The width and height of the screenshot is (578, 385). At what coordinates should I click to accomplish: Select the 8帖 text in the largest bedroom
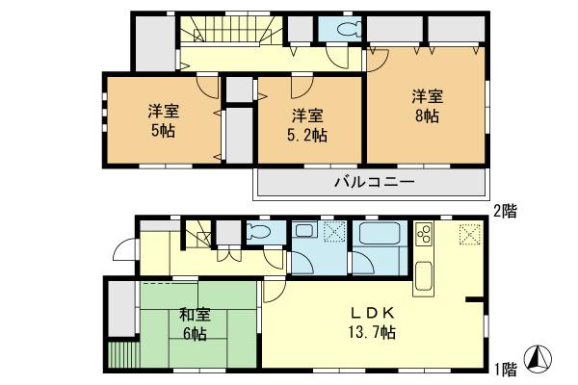pyautogui.click(x=428, y=115)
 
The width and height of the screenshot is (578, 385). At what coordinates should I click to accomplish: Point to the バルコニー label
pyautogui.click(x=374, y=182)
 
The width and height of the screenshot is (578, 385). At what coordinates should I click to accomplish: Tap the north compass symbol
pyautogui.click(x=542, y=359)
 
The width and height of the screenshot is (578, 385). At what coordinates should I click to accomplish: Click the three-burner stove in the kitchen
pyautogui.click(x=425, y=236)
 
